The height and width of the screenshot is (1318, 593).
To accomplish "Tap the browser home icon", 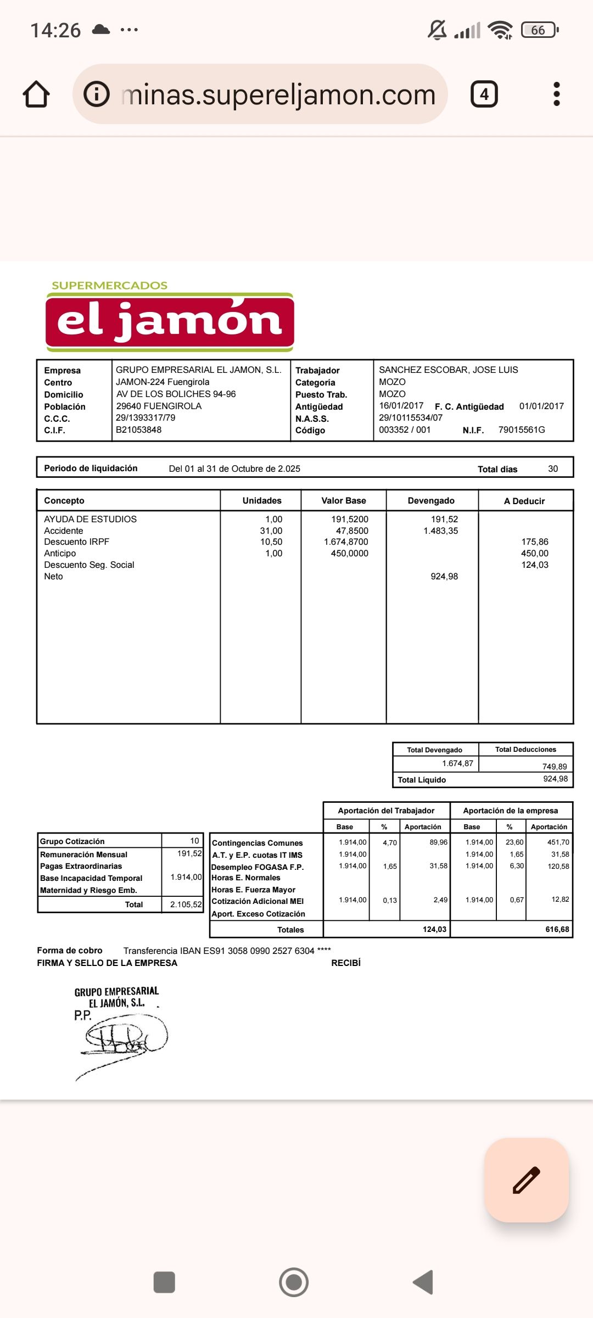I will (36, 94).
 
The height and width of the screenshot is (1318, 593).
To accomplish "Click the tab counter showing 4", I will (484, 94).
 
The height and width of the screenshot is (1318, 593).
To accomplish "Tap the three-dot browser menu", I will (556, 94).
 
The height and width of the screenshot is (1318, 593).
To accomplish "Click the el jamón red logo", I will (170, 322).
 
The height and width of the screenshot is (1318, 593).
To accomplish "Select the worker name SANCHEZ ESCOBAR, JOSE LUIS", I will (448, 370).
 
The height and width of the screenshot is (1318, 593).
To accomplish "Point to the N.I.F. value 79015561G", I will (521, 429).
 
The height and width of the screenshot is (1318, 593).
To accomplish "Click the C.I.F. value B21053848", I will (138, 429).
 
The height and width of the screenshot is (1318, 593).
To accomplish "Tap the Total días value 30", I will (552, 468).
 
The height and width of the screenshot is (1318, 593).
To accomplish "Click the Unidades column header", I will (262, 500).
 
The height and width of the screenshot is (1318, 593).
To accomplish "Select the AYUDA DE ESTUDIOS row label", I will (90, 519).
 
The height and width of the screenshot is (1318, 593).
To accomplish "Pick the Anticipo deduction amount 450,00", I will (534, 553).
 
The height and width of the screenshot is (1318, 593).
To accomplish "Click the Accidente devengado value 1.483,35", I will (440, 530).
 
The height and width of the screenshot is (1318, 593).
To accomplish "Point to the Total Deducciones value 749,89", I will (554, 766).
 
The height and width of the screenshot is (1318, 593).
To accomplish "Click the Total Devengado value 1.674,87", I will (457, 763).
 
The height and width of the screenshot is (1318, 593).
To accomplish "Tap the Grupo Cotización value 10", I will (194, 841).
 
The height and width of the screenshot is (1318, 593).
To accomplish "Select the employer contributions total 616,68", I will (557, 929).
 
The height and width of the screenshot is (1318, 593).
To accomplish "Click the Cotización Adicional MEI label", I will (258, 901).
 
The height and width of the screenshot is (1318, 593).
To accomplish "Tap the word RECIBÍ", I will (345, 963).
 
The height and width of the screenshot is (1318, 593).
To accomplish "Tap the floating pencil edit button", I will (526, 1180).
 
